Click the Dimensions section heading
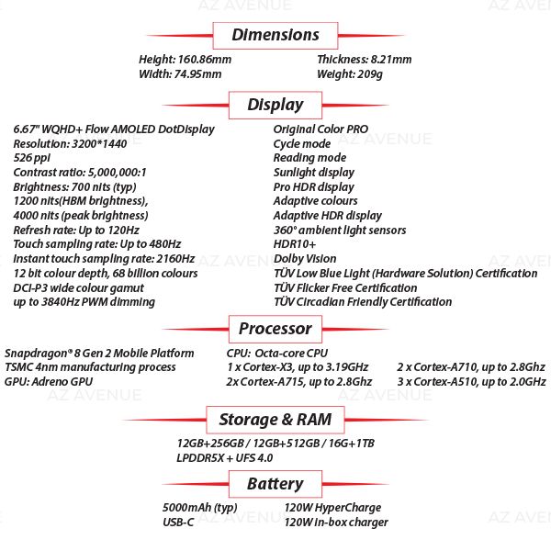click(x=275, y=36)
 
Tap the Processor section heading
click(x=275, y=329)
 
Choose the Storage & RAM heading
click(x=275, y=421)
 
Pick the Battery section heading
click(x=275, y=484)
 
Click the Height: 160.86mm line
click(x=185, y=60)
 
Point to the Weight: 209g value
click(x=349, y=74)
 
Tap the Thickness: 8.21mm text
click(x=364, y=60)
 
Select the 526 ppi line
click(x=32, y=158)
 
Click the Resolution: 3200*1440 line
click(x=71, y=144)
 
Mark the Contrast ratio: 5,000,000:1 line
click(x=80, y=173)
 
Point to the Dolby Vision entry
click(x=305, y=259)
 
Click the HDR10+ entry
click(x=295, y=244)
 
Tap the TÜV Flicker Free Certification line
click(x=344, y=287)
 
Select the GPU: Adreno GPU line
click(x=49, y=381)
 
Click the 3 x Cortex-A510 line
click(x=471, y=381)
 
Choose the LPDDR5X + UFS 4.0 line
click(x=224, y=457)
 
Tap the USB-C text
click(x=177, y=523)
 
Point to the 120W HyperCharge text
click(x=332, y=508)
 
